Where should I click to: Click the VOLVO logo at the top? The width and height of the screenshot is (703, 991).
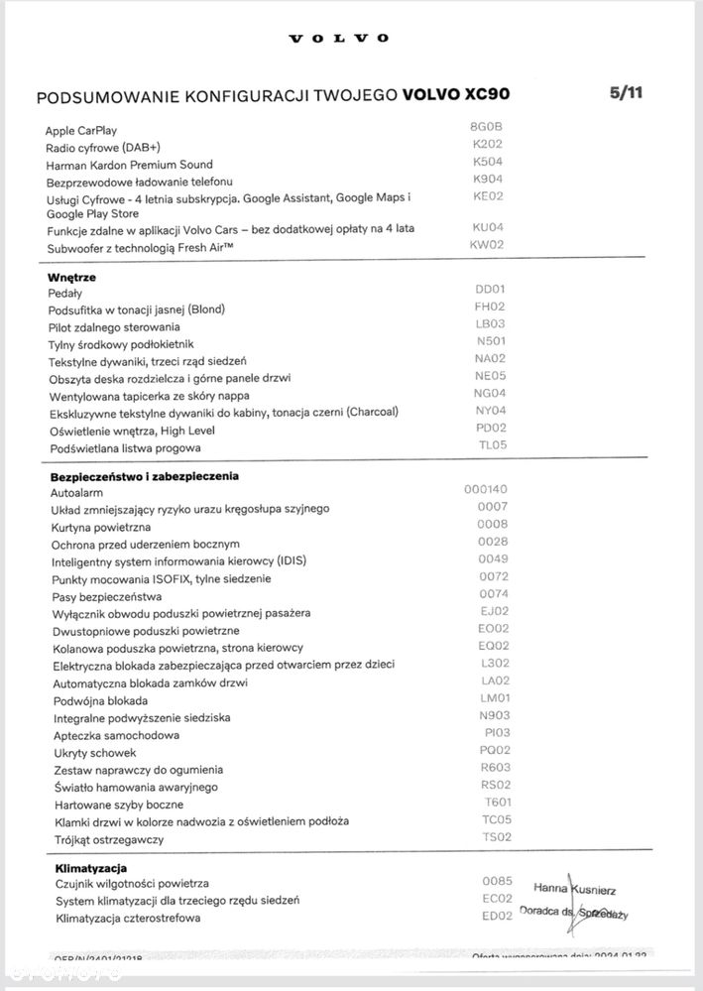click(x=338, y=39)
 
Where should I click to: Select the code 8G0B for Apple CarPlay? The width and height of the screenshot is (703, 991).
click(x=486, y=127)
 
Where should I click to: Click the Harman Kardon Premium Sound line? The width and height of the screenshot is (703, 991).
click(x=129, y=165)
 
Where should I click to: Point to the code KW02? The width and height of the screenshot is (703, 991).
click(x=487, y=243)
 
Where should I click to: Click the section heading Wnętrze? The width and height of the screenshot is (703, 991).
click(x=71, y=277)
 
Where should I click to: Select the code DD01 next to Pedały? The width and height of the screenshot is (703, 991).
click(x=491, y=290)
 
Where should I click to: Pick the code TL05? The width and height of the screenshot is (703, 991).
click(x=492, y=445)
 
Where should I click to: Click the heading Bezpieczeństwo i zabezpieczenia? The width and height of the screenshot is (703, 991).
click(x=144, y=476)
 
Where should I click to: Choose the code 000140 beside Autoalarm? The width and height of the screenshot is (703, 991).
click(x=485, y=489)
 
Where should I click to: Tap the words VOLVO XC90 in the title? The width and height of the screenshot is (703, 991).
click(x=458, y=96)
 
